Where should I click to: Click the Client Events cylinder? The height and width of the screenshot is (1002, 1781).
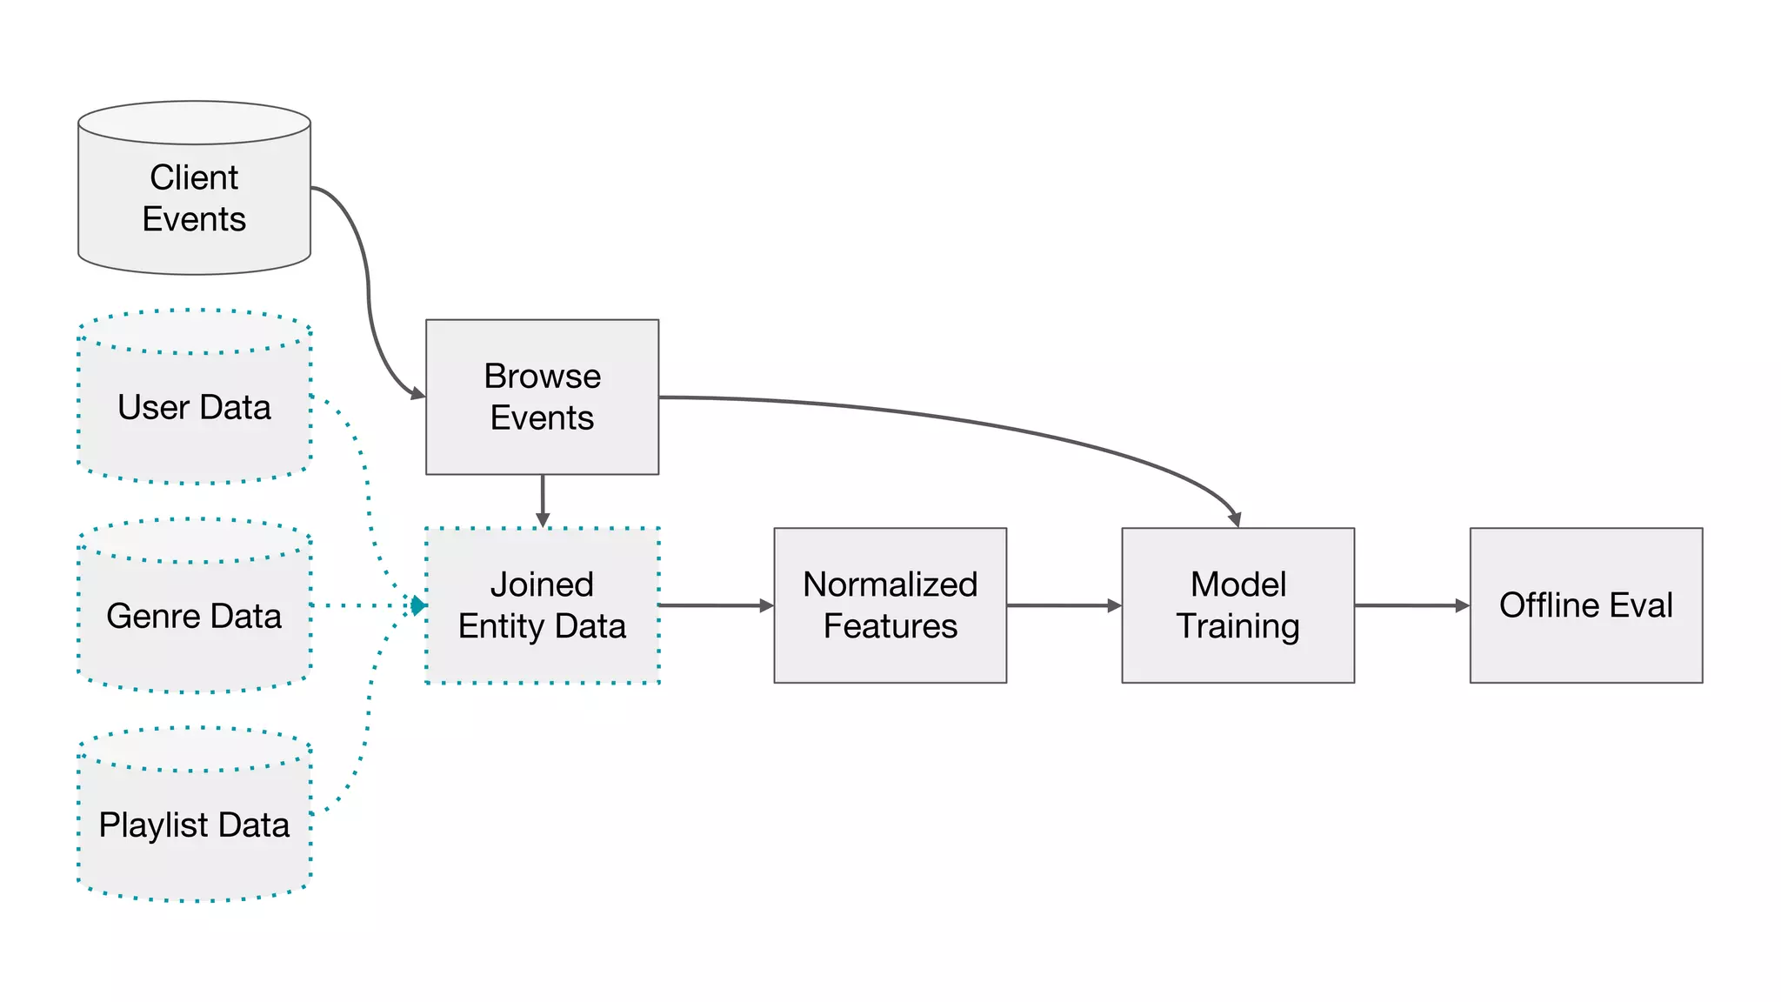click(194, 197)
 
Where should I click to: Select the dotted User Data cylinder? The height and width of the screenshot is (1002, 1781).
click(194, 407)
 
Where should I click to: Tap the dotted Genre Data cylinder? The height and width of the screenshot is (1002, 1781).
click(194, 616)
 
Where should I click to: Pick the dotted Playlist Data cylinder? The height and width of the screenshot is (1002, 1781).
click(194, 825)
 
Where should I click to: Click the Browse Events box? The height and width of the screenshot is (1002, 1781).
click(542, 397)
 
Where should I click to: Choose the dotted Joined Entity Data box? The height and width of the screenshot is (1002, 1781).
click(542, 605)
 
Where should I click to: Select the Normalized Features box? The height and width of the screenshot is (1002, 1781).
click(890, 605)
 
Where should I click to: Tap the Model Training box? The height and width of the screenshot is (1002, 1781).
click(1237, 605)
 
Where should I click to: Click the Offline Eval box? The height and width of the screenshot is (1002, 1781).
click(1585, 605)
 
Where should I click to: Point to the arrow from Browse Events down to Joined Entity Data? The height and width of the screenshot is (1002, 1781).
click(543, 500)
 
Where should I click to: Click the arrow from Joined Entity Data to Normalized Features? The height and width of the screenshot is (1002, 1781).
click(715, 605)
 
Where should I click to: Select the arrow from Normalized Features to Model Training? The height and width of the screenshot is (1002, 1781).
click(1063, 605)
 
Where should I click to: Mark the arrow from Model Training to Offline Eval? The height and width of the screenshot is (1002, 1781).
click(1411, 605)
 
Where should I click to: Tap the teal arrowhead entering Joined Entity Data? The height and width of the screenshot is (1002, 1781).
click(418, 605)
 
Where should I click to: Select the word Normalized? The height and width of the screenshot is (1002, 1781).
click(890, 584)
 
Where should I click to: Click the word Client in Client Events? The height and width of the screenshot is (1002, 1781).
click(194, 177)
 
